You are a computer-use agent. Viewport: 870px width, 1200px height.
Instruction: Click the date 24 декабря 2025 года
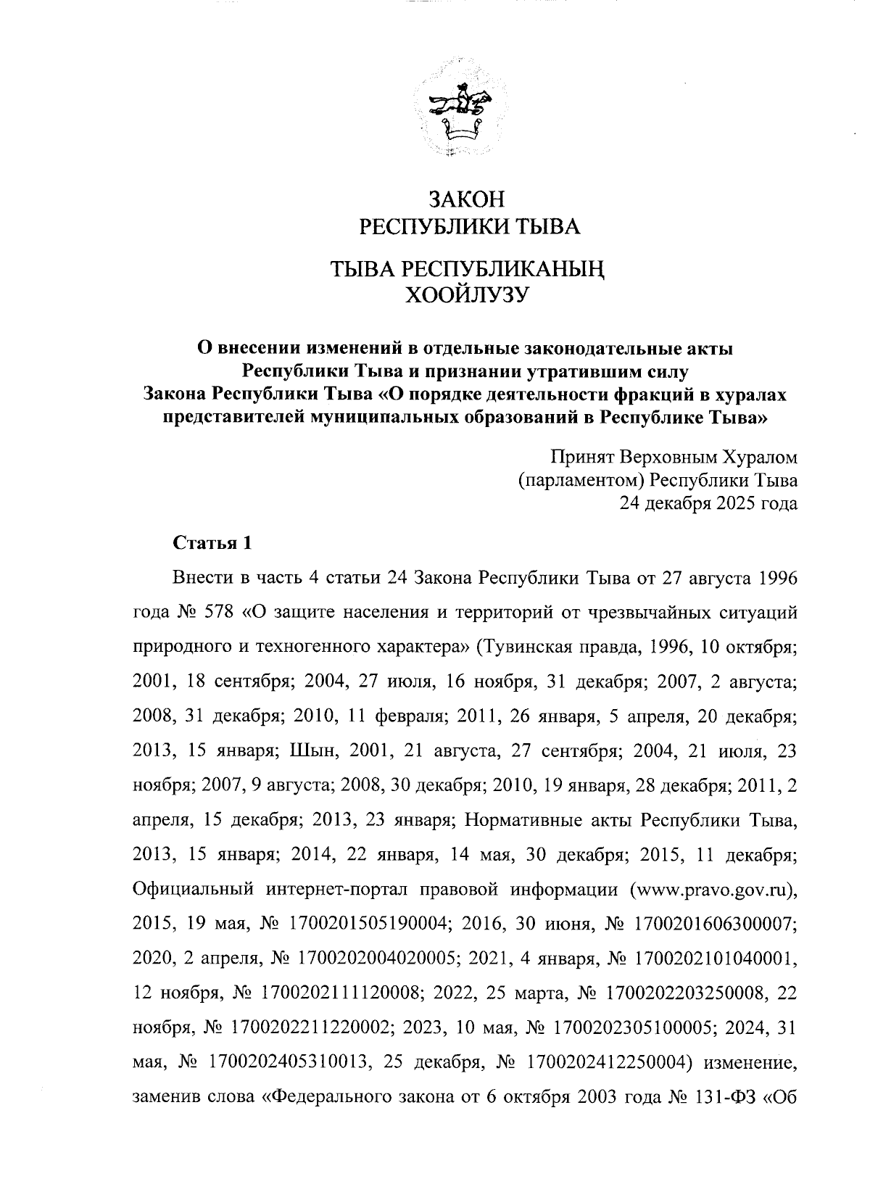pos(708,502)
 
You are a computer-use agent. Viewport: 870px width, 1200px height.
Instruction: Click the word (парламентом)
pos(581,480)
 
